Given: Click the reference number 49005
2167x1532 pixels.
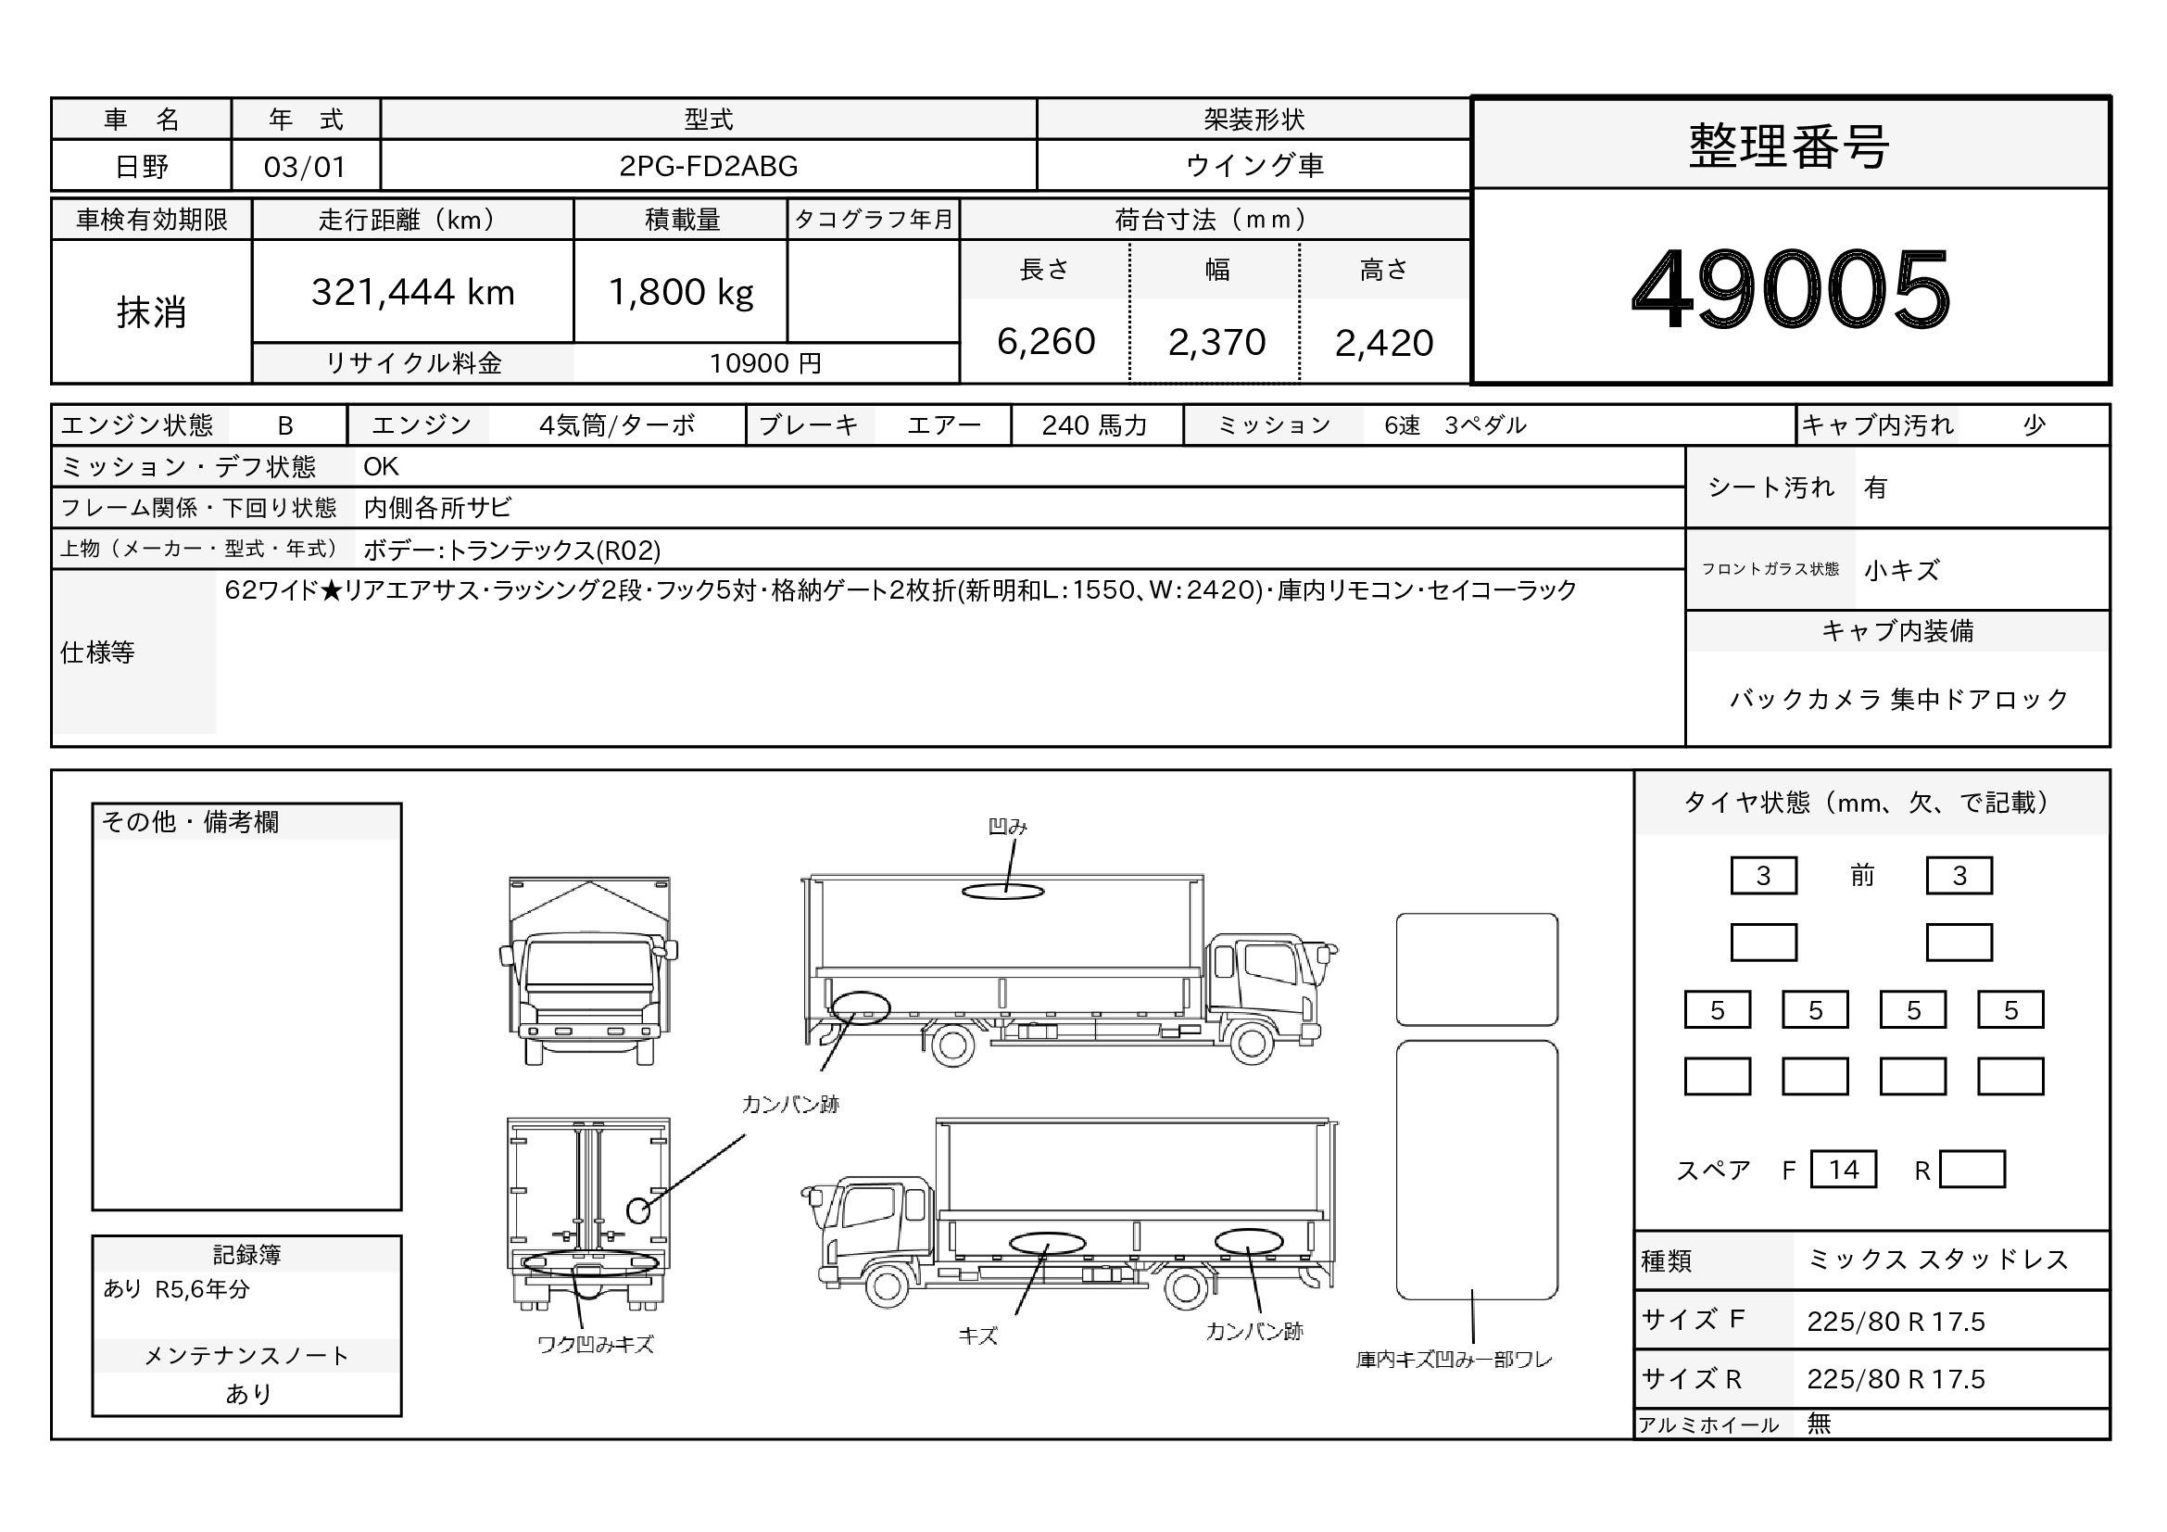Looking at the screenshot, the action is pyautogui.click(x=1791, y=288).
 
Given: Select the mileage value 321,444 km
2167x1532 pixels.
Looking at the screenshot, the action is pyautogui.click(x=413, y=293).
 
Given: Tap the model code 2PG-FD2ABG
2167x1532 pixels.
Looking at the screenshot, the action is pyautogui.click(x=708, y=166).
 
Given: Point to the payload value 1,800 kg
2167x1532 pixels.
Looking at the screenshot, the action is pyautogui.click(x=681, y=293).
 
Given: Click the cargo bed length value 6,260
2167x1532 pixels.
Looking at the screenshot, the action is pyautogui.click(x=1046, y=342).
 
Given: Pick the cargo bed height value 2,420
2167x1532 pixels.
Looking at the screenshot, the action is pyautogui.click(x=1383, y=343).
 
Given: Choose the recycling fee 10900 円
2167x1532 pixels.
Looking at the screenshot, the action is pyautogui.click(x=765, y=363).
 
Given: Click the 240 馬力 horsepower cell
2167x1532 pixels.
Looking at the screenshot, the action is pyautogui.click(x=1095, y=425).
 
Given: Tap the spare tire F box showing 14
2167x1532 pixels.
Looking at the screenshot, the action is pyautogui.click(x=1844, y=1170).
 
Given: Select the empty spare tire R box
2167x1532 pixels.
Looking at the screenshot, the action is pyautogui.click(x=1972, y=1170).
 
